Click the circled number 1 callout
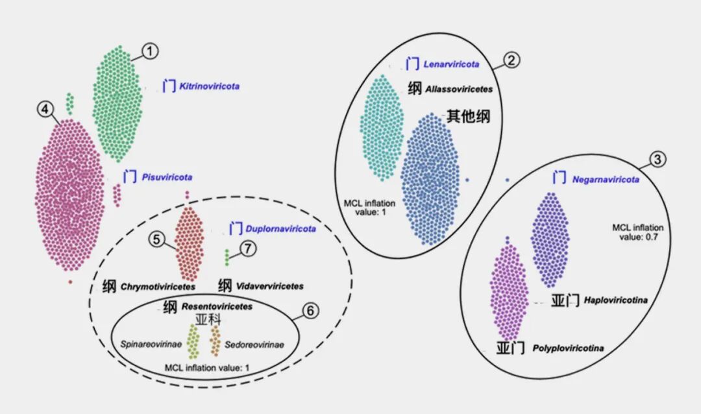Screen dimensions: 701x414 (x=150, y=50)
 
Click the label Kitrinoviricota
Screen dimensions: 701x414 (x=204, y=86)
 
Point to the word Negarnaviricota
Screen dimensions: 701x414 (x=605, y=179)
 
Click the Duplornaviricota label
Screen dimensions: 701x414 (x=281, y=229)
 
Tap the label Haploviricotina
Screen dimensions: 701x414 (x=615, y=300)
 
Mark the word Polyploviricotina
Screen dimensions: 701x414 (x=567, y=349)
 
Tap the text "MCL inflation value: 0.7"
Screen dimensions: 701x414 (x=638, y=232)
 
